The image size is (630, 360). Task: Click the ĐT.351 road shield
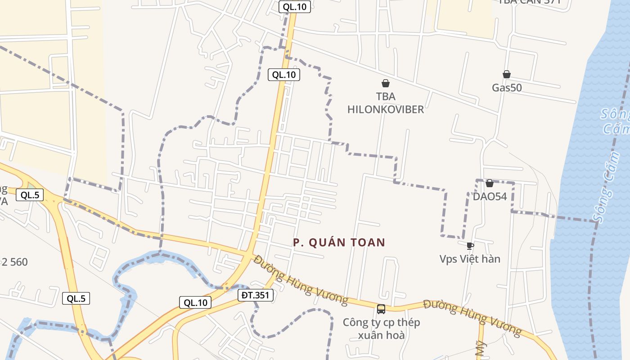(x=255, y=295)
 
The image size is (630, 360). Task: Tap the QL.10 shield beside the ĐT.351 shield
(x=195, y=302)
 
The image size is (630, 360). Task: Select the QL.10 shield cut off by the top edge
(x=294, y=7)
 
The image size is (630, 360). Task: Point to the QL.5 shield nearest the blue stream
(x=76, y=298)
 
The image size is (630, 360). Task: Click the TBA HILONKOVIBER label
(x=386, y=103)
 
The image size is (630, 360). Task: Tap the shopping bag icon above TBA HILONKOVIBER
(x=386, y=83)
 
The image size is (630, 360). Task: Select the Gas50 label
(x=507, y=87)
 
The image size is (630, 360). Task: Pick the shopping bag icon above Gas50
(x=507, y=74)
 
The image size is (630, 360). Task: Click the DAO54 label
(x=490, y=196)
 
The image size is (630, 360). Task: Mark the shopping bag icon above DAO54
(x=490, y=183)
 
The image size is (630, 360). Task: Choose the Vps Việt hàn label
(x=470, y=259)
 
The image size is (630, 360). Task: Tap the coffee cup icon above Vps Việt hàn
(x=470, y=246)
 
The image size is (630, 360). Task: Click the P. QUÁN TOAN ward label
(x=339, y=243)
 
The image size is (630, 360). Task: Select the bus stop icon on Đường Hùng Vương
(x=381, y=309)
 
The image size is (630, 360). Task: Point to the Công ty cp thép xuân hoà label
(x=381, y=329)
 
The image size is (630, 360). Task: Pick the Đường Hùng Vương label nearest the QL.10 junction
(x=301, y=280)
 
